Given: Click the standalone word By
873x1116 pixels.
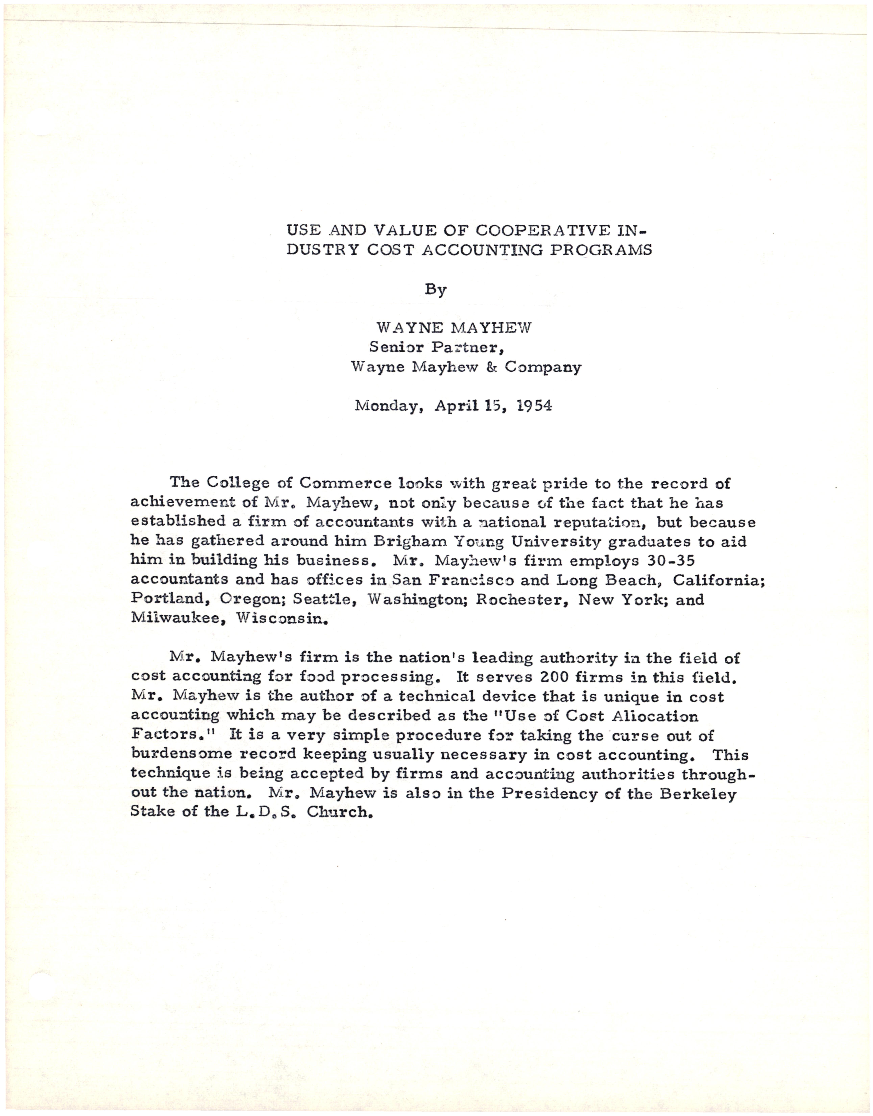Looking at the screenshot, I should (x=435, y=290).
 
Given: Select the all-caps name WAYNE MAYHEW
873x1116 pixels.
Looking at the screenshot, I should (x=453, y=328).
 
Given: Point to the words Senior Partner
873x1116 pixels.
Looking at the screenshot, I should (x=437, y=348).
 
